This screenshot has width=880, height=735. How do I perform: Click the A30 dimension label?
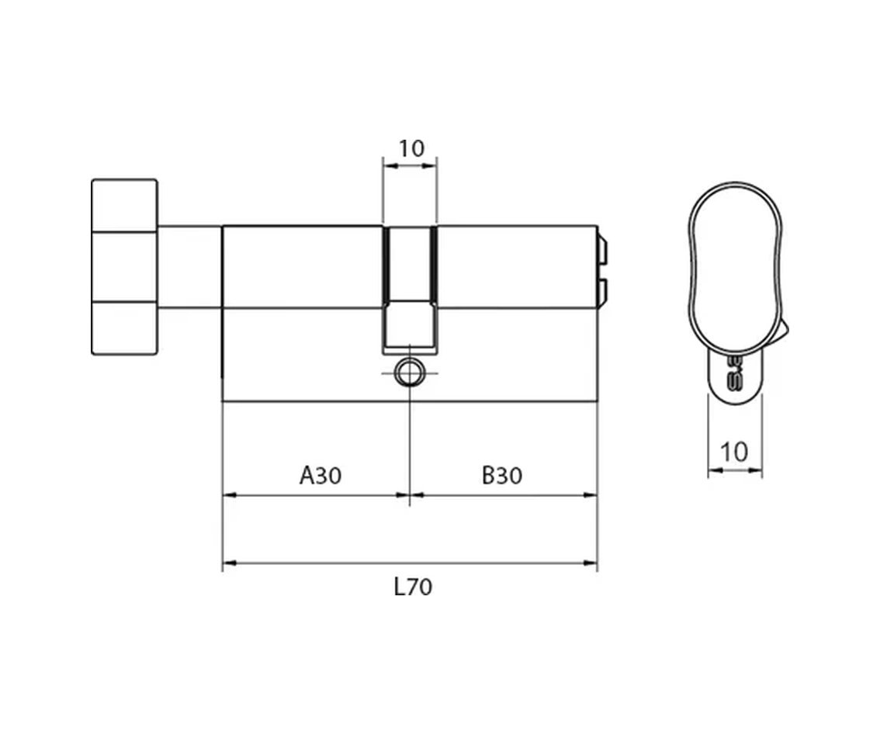point(320,475)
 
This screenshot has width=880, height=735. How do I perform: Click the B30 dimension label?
point(502,475)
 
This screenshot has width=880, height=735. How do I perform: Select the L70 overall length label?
point(413,587)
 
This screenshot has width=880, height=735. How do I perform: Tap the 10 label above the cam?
point(411,149)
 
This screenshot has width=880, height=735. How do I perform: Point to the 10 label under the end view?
point(734,452)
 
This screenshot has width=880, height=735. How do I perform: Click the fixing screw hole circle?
point(408,373)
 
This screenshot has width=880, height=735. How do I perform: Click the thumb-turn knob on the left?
point(125,267)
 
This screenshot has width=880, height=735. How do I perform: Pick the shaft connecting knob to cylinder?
point(190,267)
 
